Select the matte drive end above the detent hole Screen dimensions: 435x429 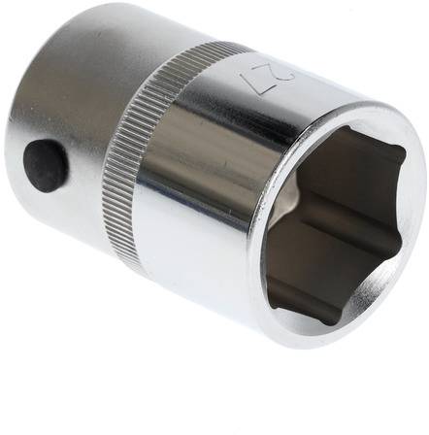68,78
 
